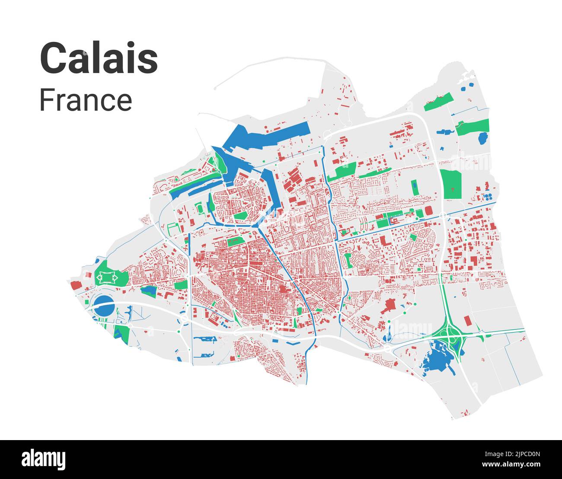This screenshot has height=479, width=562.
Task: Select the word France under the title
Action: click(x=86, y=100)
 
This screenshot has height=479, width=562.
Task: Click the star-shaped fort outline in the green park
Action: click(x=106, y=277)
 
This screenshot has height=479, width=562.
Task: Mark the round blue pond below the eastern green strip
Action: click(x=482, y=138)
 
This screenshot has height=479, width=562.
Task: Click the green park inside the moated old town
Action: click(x=240, y=215)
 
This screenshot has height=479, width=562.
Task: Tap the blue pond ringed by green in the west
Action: click(x=150, y=291)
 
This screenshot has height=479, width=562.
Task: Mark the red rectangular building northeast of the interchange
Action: click(x=467, y=321)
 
